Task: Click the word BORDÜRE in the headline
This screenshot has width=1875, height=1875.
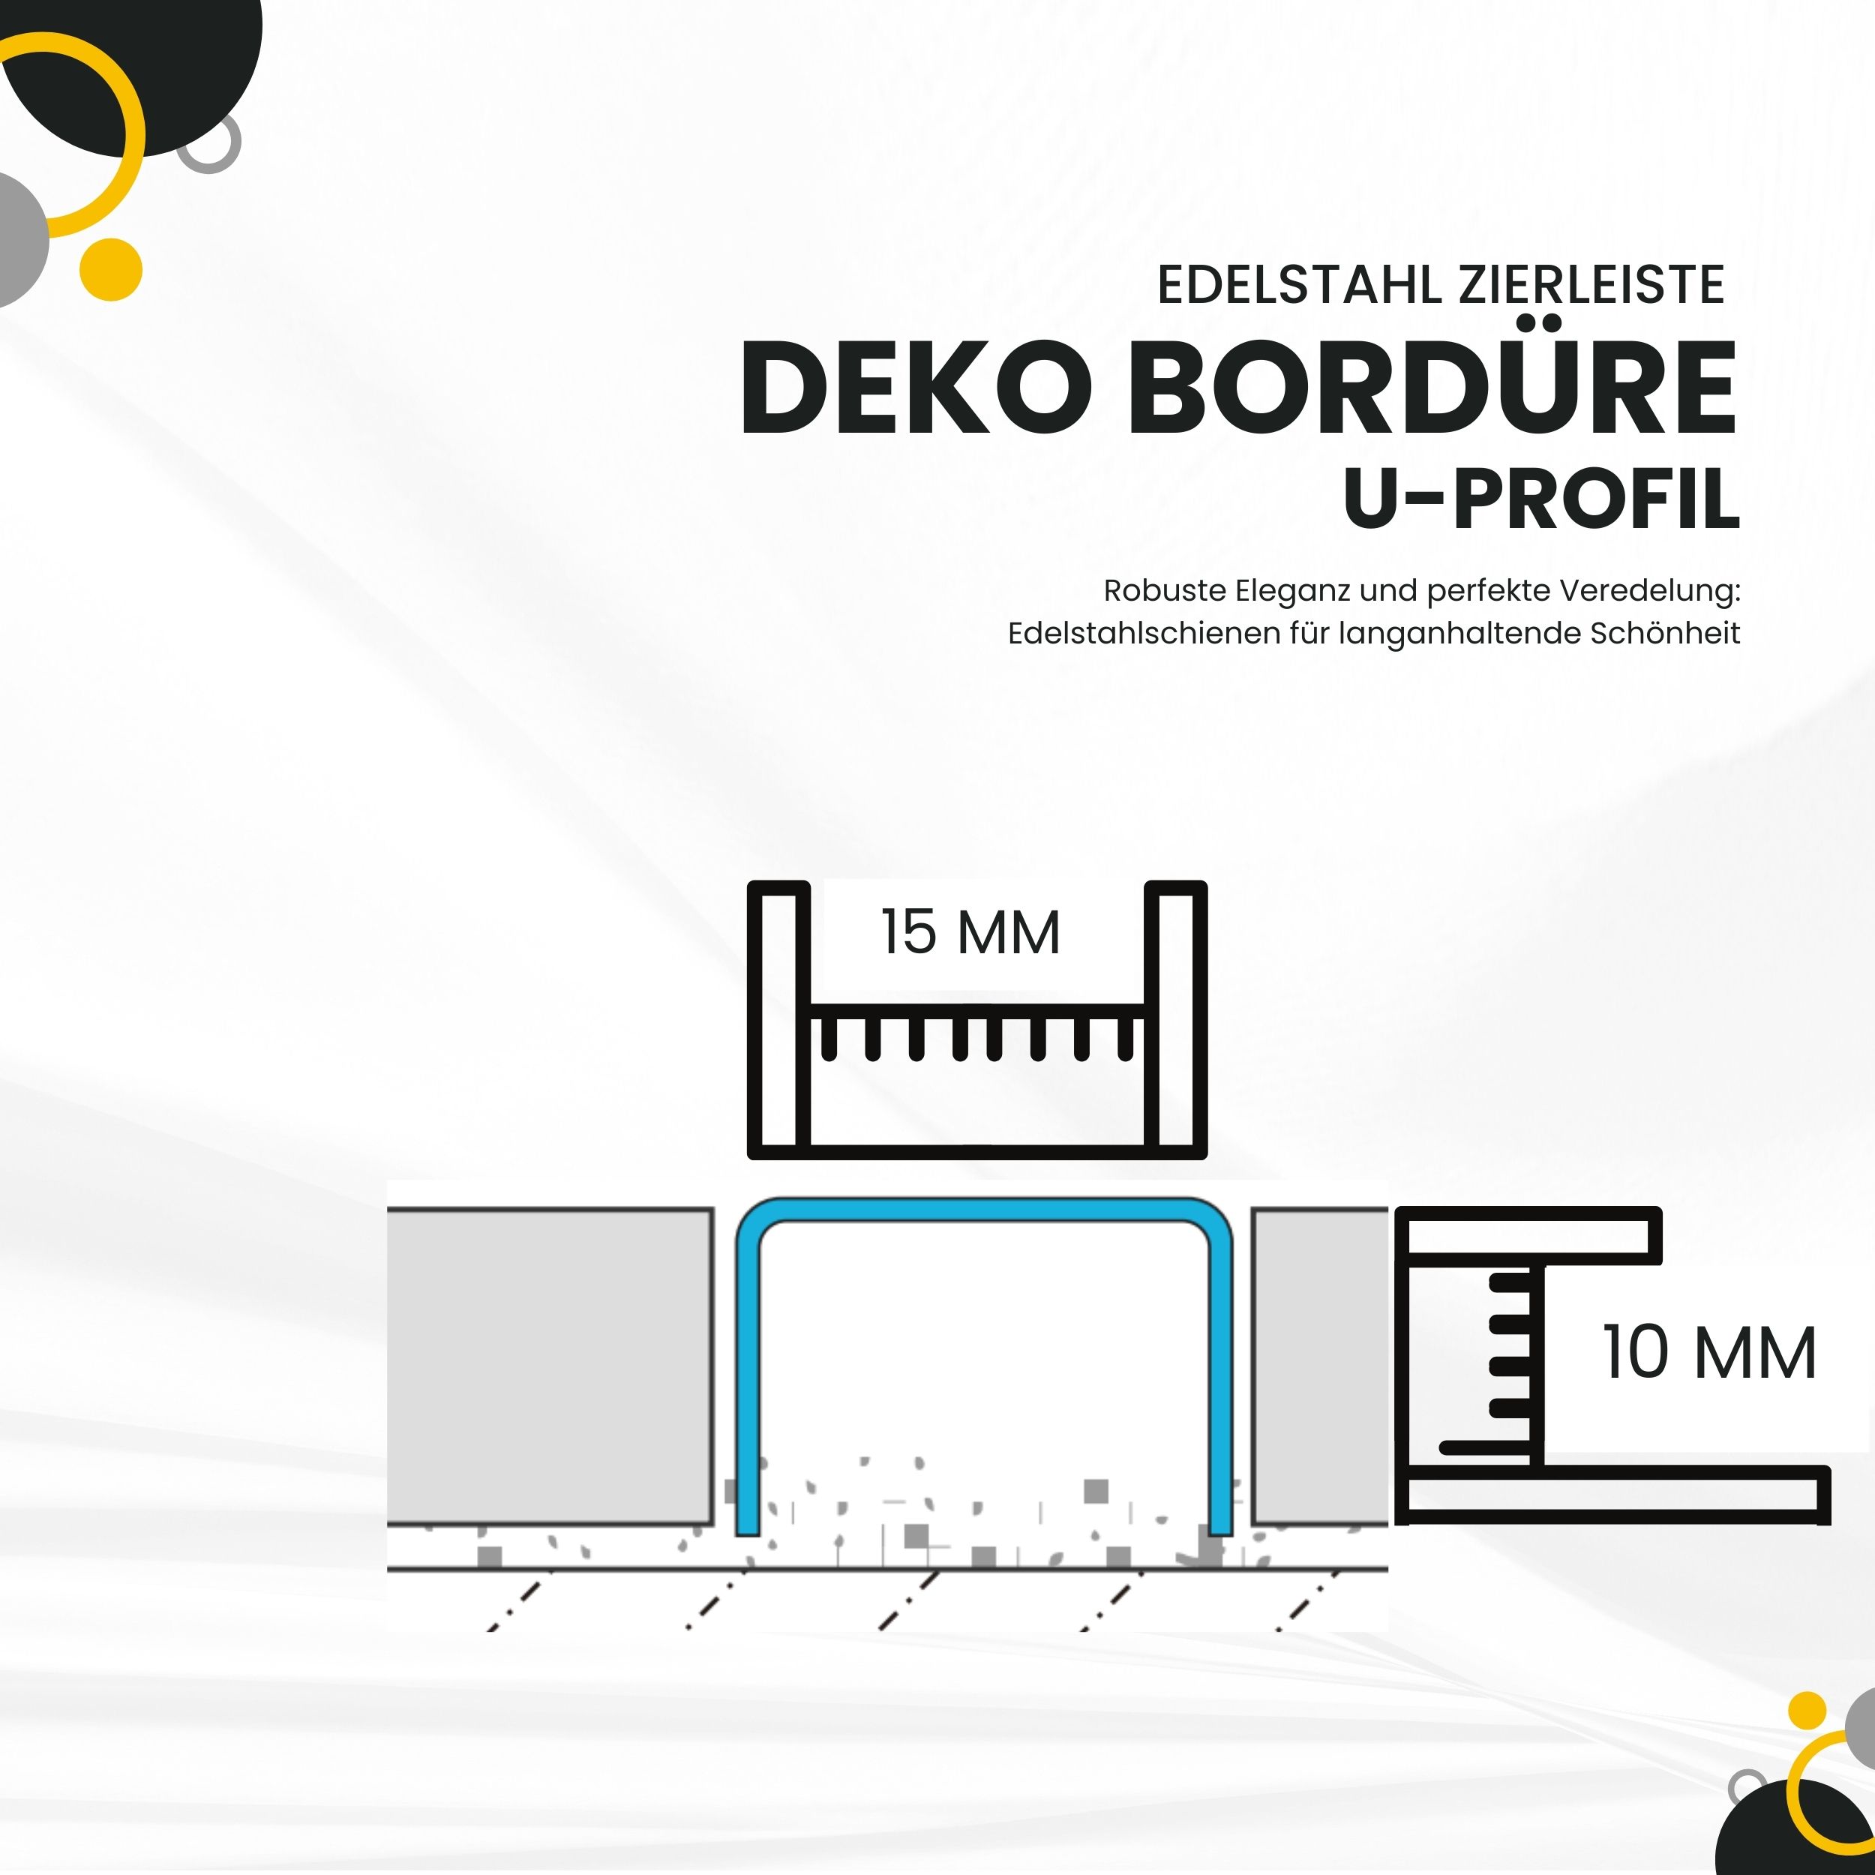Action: coord(1432,388)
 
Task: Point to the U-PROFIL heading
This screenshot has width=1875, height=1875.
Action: coord(1541,499)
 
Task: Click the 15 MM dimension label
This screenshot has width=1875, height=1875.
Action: coord(970,933)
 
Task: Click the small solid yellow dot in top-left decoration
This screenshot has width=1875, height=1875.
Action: coord(111,268)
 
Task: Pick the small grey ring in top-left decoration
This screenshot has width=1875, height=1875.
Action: coord(210,144)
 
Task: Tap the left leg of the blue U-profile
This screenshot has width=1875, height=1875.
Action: coord(746,1378)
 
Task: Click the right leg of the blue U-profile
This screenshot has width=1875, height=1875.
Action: coord(1221,1378)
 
